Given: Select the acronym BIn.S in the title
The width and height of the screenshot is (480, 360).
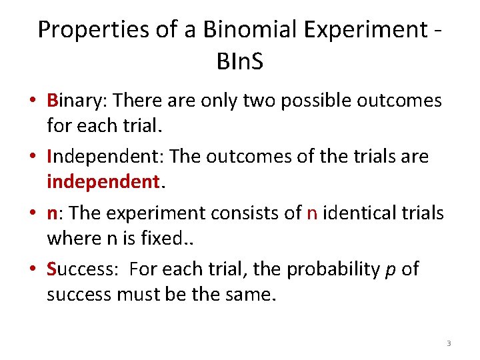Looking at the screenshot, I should [x=240, y=62].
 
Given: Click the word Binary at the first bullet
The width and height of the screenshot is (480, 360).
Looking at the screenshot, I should [x=77, y=101].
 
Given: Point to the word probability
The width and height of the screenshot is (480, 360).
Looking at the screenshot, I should [x=326, y=269].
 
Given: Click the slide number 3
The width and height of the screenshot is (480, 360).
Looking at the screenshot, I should [x=449, y=343].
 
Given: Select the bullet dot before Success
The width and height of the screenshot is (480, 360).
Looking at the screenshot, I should [x=33, y=270].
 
